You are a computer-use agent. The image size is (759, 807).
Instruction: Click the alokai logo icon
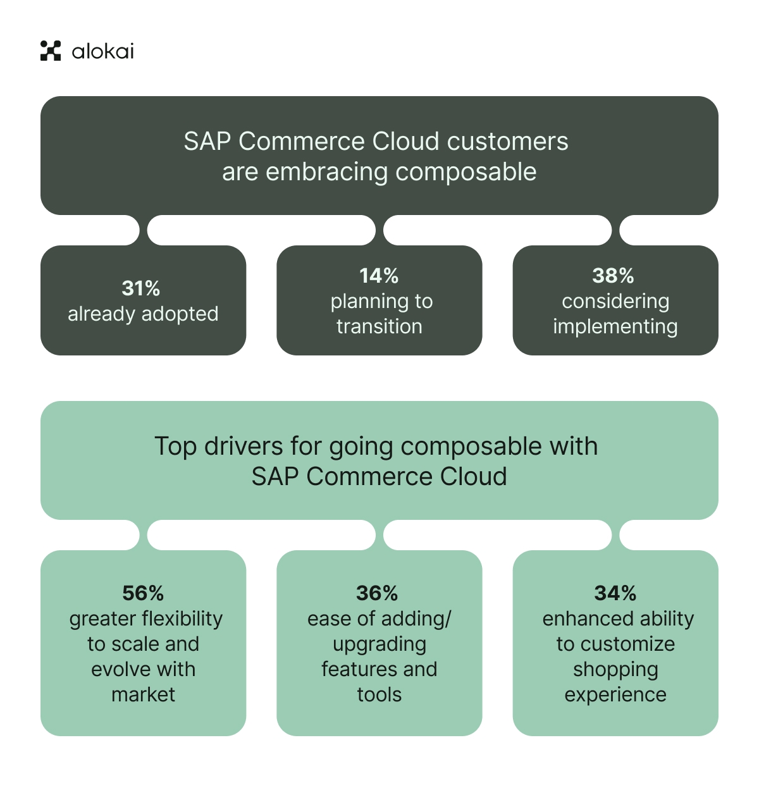click(51, 51)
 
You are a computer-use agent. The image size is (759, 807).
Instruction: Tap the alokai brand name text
click(102, 51)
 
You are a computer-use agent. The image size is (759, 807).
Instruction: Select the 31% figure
click(141, 288)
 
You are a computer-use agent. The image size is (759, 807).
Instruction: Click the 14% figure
click(379, 276)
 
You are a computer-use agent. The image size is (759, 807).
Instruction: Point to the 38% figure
click(613, 276)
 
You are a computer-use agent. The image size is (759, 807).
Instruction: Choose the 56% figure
click(143, 593)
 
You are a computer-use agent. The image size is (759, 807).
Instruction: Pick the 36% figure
click(377, 593)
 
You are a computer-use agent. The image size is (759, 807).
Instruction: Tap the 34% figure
click(615, 593)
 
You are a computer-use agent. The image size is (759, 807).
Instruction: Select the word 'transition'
click(379, 326)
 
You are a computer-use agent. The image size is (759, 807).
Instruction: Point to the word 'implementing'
click(615, 327)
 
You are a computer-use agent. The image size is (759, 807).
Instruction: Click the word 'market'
click(143, 694)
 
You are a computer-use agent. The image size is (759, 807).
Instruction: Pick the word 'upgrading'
click(379, 644)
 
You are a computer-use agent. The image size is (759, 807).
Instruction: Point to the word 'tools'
click(379, 694)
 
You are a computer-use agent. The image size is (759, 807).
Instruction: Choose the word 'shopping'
click(615, 670)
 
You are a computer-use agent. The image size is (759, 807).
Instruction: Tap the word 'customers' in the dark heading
click(507, 142)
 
